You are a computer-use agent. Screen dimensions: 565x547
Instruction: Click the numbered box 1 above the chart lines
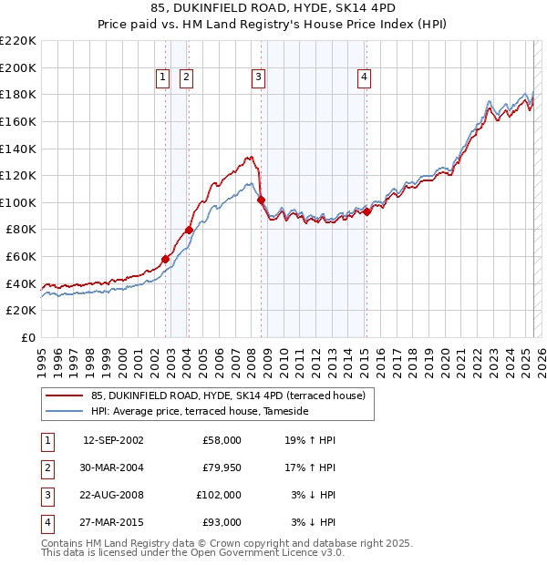[x=162, y=78]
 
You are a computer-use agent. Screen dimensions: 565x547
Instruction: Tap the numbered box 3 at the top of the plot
[x=259, y=78]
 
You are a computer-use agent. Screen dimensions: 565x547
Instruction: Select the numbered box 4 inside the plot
[x=364, y=78]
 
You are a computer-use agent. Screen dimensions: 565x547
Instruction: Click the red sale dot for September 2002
[x=165, y=259]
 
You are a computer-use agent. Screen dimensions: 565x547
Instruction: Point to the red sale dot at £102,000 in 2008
[x=261, y=200]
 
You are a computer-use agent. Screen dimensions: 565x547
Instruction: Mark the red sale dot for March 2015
[x=366, y=211]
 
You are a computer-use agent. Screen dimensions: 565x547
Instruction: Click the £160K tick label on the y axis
[x=18, y=121]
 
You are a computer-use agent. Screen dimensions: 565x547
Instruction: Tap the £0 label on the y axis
[x=26, y=338]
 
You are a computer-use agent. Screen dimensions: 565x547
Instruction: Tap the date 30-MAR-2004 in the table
[x=113, y=467]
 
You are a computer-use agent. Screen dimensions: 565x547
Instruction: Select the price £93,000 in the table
[x=222, y=522]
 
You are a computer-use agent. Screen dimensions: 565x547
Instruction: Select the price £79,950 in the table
[x=222, y=467]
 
